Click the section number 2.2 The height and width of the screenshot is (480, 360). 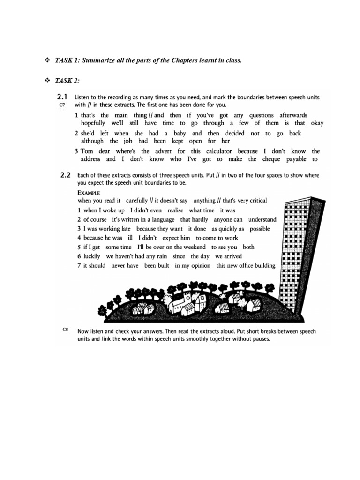point(65,175)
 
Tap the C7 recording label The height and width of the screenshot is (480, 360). point(62,105)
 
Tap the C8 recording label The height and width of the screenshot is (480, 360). point(66,330)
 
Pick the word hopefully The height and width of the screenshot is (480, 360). point(93,123)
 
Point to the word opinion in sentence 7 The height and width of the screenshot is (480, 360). point(199,266)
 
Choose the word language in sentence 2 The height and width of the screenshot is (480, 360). point(161,219)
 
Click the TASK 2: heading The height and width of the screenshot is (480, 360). point(68,81)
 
